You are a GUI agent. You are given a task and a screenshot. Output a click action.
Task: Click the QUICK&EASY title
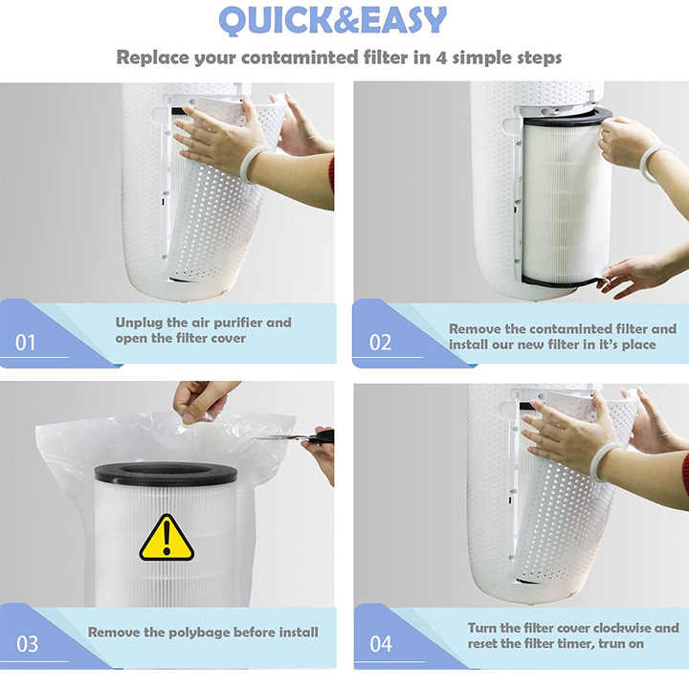point(332,20)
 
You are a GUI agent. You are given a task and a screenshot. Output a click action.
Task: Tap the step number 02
point(380,342)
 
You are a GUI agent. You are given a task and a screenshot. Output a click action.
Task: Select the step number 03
point(28,643)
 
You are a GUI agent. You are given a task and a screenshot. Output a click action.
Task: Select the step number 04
point(380,643)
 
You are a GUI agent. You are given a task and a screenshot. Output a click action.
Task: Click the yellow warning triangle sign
point(167,538)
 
